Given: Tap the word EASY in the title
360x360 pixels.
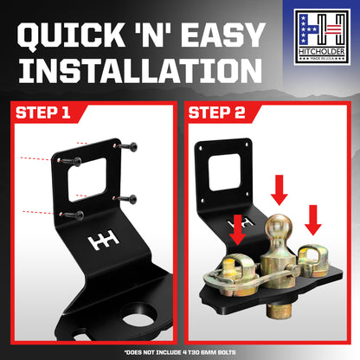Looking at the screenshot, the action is [222, 35].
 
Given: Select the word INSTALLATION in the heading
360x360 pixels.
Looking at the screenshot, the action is [140, 71].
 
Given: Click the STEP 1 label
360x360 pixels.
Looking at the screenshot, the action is [43, 112].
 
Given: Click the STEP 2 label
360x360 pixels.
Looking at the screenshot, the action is [216, 112].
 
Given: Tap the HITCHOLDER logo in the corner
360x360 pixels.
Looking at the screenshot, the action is [322, 37].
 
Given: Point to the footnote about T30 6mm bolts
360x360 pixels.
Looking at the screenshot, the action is [180, 352].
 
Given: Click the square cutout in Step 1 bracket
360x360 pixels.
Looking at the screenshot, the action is [87, 179].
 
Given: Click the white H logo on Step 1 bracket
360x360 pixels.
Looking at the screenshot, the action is [104, 240].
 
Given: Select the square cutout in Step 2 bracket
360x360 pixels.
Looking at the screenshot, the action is [225, 172].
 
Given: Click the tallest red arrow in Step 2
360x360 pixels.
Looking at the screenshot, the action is [280, 190].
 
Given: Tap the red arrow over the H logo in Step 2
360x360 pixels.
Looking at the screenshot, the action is [237, 230].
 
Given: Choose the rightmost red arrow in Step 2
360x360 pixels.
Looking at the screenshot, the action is [313, 220].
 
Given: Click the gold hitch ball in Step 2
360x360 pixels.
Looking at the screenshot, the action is [279, 228].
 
